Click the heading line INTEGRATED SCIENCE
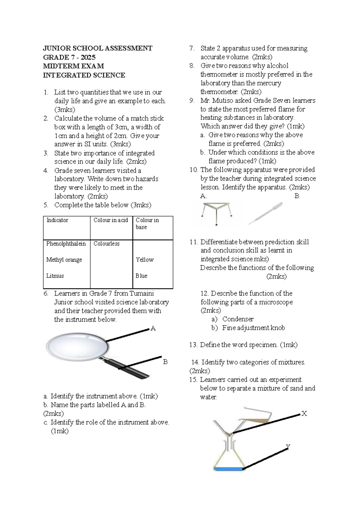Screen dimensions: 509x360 pyautogui.click(x=84, y=75)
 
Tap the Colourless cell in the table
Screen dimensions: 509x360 pyautogui.click(x=106, y=244)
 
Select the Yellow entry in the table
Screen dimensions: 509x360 pyautogui.click(x=145, y=260)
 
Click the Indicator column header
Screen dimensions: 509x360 pyautogui.click(x=57, y=220)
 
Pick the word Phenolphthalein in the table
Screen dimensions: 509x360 pyautogui.click(x=66, y=244)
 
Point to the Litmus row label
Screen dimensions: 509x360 pyautogui.click(x=55, y=276)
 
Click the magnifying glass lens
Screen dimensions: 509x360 pyautogui.click(x=77, y=345)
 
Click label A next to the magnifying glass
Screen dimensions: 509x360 pyautogui.click(x=153, y=329)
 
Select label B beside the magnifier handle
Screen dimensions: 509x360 pyautogui.click(x=165, y=362)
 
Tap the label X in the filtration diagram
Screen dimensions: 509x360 pyautogui.click(x=304, y=414)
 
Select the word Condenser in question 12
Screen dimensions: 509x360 pyautogui.click(x=238, y=319)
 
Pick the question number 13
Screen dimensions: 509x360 pyautogui.click(x=193, y=345)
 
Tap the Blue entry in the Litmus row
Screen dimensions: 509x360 pyautogui.click(x=141, y=276)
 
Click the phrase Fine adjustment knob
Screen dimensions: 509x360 pyautogui.click(x=253, y=328)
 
